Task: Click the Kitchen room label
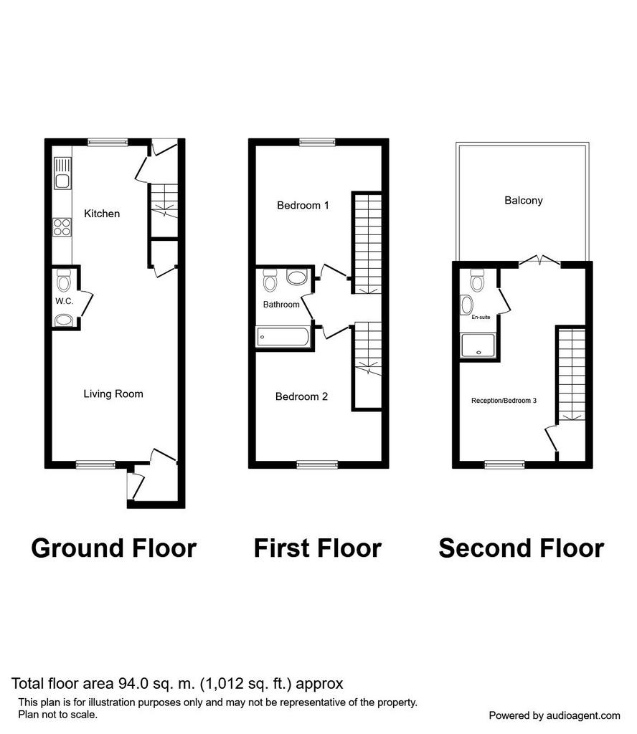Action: (x=102, y=214)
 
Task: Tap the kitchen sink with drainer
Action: (x=62, y=173)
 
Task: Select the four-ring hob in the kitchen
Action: (x=62, y=227)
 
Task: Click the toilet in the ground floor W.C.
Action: (x=63, y=280)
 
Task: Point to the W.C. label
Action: (x=64, y=301)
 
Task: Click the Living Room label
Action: (x=113, y=394)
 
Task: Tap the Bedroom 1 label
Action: (x=303, y=206)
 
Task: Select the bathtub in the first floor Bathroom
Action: (x=283, y=337)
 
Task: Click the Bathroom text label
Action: (x=281, y=305)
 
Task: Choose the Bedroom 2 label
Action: (x=301, y=397)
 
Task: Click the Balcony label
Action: (x=524, y=201)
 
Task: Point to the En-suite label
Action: (x=481, y=318)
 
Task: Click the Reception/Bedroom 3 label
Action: (x=504, y=401)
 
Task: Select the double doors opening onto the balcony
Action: (x=539, y=261)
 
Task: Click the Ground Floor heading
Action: (x=114, y=548)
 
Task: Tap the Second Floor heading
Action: (x=522, y=548)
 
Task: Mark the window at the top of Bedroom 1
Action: (x=318, y=142)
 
